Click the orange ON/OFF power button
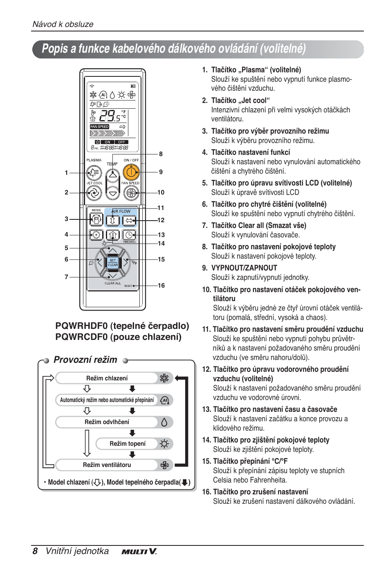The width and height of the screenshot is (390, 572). coord(131,173)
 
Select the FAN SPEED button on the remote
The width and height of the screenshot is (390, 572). coord(131,192)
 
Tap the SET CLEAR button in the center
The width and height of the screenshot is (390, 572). coord(112,262)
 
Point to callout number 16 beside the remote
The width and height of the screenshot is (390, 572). coord(161,286)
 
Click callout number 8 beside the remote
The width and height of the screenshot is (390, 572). coord(161,154)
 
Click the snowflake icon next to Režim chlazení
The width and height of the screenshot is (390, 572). coord(164,378)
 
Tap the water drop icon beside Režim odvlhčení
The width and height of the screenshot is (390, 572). coord(164,422)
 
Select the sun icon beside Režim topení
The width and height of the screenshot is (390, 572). coord(164,444)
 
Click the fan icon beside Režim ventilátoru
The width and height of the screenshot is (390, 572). coord(164,465)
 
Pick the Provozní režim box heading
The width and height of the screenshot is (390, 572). coord(85,360)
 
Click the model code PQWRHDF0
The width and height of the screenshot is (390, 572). coord(82,326)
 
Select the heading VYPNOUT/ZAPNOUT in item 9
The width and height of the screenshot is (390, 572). coord(244,268)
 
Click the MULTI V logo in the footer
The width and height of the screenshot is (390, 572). coord(139,552)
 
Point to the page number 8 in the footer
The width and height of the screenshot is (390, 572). coord(35,551)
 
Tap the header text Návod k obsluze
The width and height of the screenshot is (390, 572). coord(63,24)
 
